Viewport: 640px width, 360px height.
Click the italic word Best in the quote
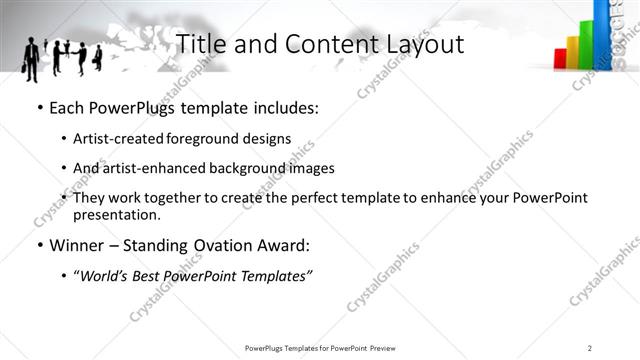[x=153, y=275]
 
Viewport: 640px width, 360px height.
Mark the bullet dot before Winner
[x=40, y=245]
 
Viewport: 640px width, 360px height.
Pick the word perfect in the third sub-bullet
[x=290, y=199]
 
